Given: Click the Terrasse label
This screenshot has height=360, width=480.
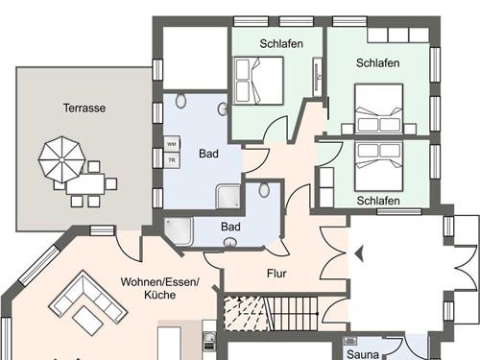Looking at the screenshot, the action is [x=84, y=108].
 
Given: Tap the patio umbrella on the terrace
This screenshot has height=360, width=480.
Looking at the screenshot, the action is [x=61, y=159].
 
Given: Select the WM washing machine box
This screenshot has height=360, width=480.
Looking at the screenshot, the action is [x=172, y=144].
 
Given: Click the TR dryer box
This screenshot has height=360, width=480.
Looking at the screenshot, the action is [x=172, y=159].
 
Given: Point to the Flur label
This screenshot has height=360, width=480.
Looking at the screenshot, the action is [x=276, y=274].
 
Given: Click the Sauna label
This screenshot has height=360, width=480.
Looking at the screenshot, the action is [x=363, y=354].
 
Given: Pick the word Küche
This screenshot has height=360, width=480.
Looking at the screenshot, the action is [x=159, y=295].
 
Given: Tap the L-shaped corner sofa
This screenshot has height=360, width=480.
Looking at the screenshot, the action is [x=88, y=297].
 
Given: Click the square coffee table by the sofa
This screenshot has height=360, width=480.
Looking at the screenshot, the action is [x=87, y=321].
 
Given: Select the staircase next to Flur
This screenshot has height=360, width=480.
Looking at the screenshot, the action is [x=271, y=313].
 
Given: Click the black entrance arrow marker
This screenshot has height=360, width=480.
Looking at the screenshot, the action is [x=359, y=253].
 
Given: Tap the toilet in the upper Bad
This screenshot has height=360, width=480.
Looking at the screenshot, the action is [x=180, y=100].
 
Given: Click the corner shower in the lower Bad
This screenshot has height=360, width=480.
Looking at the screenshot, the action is [x=179, y=231].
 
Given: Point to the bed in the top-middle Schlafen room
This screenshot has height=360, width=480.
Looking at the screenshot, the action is [x=258, y=81].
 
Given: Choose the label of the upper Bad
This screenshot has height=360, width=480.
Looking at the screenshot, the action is [x=208, y=154].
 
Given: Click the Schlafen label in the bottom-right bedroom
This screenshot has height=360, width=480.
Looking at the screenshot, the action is [x=378, y=201].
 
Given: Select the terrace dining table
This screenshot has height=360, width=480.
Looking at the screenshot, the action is [x=85, y=184].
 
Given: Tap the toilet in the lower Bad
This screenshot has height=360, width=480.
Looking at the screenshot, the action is [x=264, y=190].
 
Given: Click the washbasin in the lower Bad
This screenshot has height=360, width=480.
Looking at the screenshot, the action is [x=229, y=243].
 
